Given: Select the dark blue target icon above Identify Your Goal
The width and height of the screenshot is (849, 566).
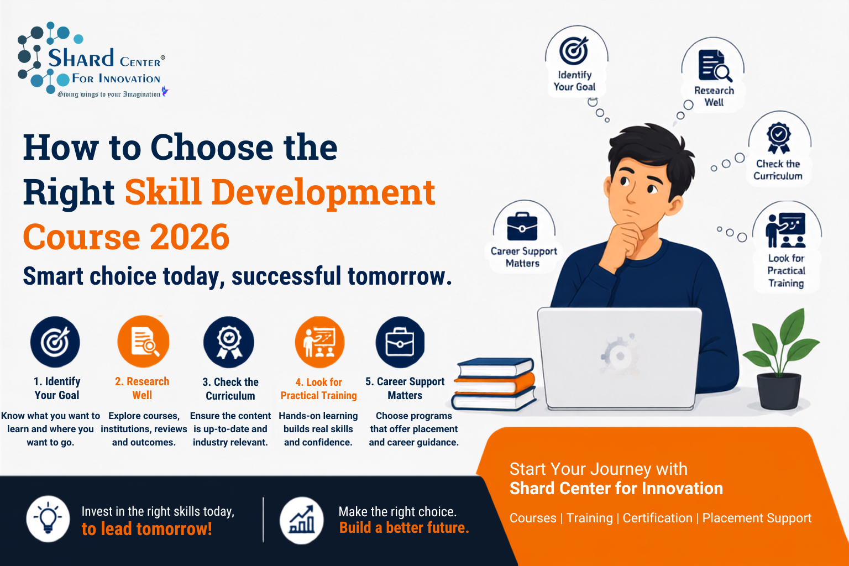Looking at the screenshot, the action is click(55, 342).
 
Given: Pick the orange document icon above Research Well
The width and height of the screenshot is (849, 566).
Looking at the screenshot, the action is click(143, 342).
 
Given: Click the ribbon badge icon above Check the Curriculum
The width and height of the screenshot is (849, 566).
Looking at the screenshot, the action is click(228, 342).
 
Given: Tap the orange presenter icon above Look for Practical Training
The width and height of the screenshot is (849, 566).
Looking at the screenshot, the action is click(319, 342).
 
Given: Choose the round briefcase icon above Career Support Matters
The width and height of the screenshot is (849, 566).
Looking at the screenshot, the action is click(400, 342).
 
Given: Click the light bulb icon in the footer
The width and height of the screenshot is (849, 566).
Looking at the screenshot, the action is click(48, 518).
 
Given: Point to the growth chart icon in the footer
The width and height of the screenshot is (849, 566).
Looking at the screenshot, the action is click(302, 521).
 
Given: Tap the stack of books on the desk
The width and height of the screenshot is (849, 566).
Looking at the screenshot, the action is click(494, 384).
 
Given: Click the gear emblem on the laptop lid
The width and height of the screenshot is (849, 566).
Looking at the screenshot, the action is click(619, 354).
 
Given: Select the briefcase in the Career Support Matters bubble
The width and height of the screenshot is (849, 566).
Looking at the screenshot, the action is click(522, 227).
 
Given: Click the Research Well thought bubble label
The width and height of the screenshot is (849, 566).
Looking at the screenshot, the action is click(714, 96).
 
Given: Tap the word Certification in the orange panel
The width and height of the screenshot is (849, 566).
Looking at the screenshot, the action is click(657, 518).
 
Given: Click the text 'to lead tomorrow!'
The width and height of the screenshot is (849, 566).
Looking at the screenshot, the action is click(146, 529).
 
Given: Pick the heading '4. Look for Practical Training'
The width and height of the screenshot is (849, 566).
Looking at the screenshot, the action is click(319, 389).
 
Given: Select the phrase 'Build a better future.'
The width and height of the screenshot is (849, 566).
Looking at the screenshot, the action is click(404, 528).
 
